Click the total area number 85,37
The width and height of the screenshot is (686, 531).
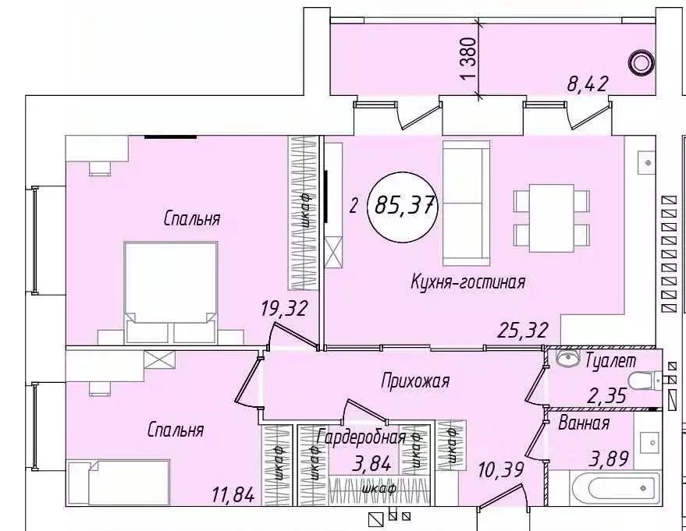405,205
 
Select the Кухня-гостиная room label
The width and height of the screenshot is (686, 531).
467,282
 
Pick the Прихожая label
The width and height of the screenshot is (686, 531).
416,381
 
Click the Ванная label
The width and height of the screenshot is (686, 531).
583,423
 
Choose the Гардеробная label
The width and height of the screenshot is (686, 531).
360,437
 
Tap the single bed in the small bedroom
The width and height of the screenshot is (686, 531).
119,482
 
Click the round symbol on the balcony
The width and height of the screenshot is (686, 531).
642,62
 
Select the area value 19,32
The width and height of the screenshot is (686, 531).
283,309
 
